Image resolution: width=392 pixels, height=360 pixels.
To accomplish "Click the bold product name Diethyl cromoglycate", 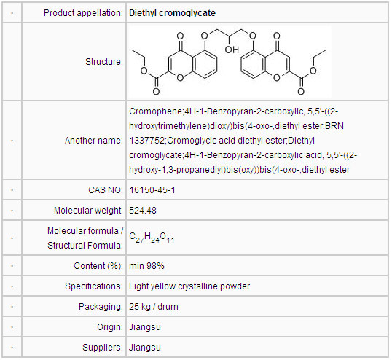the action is pos(172,13).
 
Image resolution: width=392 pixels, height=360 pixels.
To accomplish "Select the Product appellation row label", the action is pos(83,13).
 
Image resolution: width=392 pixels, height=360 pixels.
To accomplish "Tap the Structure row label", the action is pos(104,62).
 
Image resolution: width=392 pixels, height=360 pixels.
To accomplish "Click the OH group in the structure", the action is pos(232,50).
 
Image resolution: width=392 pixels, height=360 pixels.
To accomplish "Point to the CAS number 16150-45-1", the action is pos(152,190).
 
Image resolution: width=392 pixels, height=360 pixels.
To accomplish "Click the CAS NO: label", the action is pos(106,190).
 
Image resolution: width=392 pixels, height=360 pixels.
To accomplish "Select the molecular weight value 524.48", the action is pos(143,211).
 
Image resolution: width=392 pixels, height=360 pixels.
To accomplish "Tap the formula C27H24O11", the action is pos(152,238).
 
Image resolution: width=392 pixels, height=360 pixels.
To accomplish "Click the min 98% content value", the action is pos(146,266).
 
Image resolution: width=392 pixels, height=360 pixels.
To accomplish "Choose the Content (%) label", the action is pos(98,266).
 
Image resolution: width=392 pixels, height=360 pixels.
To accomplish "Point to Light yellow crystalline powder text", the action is pos(189,286).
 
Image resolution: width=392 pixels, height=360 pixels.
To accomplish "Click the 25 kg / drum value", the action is pos(154,307).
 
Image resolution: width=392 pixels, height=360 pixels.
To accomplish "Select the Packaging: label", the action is pos(101,307).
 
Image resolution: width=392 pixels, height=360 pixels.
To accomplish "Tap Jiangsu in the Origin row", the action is pos(145,327).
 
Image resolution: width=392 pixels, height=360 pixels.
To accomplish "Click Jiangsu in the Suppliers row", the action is pos(145,348).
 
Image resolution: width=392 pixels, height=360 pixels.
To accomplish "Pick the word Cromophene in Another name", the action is pos(155,111).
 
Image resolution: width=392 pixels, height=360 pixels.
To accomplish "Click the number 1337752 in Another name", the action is pos(146,141).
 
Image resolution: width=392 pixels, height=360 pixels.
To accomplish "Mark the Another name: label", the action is pos(94,141).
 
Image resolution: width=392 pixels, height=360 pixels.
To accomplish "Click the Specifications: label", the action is pos(94,286).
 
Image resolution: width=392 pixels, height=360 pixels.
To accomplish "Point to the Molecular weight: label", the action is pos(88,211).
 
